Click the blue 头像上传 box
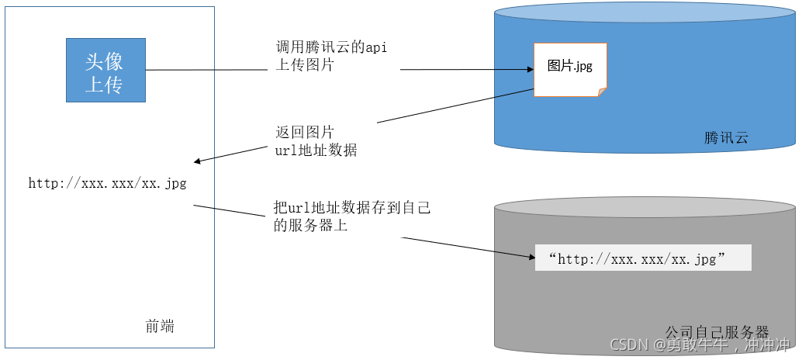click(x=105, y=71)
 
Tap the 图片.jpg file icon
click(x=570, y=69)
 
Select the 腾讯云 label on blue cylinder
click(x=726, y=139)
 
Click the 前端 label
click(x=160, y=327)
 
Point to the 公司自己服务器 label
click(x=717, y=332)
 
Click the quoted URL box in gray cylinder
click(x=643, y=258)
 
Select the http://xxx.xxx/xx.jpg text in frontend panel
click(x=107, y=184)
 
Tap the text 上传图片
click(x=305, y=66)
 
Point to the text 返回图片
click(x=305, y=132)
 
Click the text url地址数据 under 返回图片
click(x=316, y=151)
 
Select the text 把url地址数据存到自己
click(x=352, y=208)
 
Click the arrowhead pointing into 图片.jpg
click(x=530, y=70)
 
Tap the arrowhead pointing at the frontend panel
click(x=198, y=161)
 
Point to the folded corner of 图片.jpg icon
click(x=601, y=92)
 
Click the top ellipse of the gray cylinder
click(x=645, y=207)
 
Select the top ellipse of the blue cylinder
click(x=645, y=13)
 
